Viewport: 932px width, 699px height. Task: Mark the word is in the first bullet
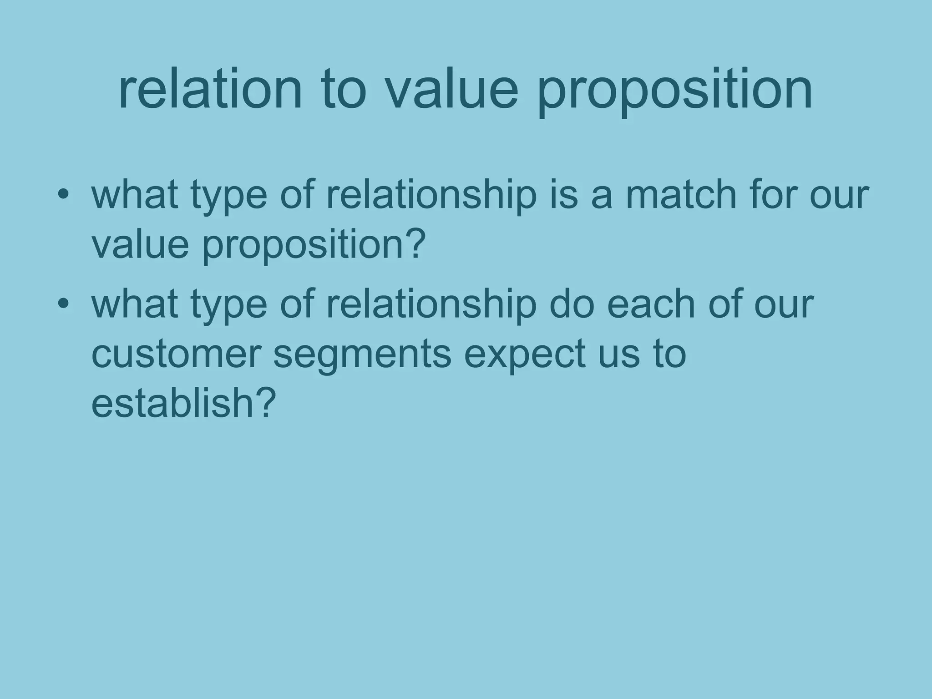(x=564, y=195)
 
